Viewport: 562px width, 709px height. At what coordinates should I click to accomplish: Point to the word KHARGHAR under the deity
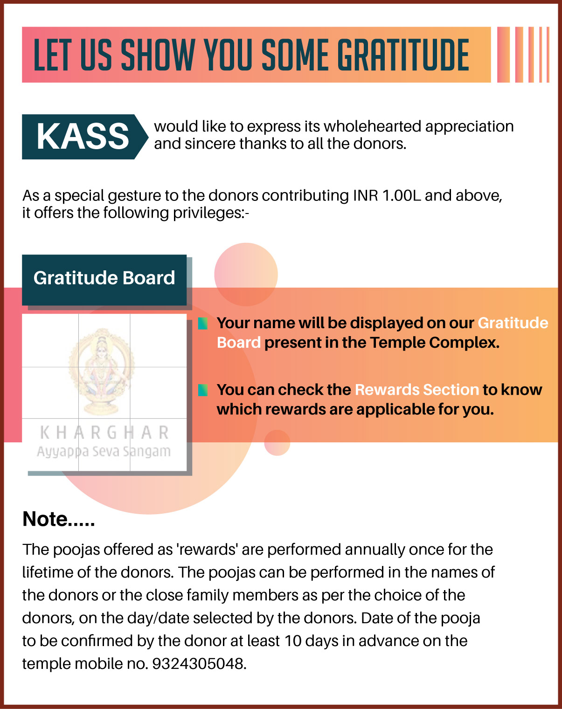pos(104,433)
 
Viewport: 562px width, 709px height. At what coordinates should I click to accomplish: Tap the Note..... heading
pos(58,519)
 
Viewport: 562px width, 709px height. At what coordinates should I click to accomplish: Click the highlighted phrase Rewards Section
pos(416,390)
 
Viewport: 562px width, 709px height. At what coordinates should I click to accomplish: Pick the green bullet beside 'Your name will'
pos(203,324)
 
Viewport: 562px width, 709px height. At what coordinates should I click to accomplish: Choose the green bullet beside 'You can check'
pos(203,390)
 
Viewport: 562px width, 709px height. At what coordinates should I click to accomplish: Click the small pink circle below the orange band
pos(277,443)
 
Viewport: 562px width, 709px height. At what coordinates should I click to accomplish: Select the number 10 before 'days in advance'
pos(293,641)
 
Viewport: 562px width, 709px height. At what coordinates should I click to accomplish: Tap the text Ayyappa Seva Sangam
pos(104,451)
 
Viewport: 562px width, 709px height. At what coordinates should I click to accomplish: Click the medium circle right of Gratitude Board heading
pos(246,274)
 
